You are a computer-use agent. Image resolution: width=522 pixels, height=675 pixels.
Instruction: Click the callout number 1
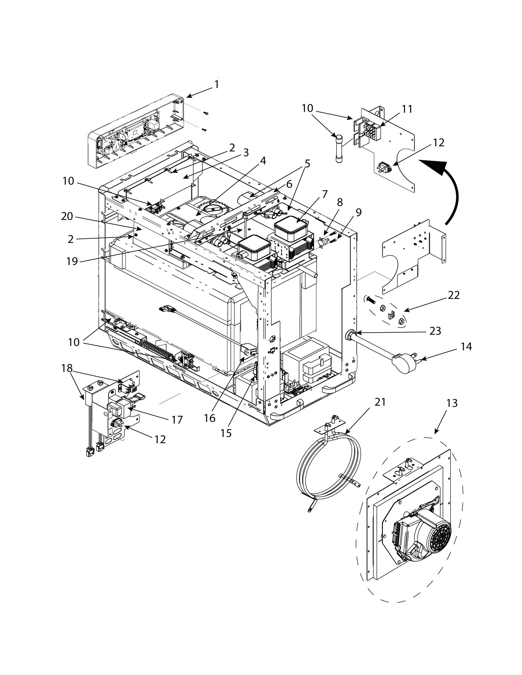click(217, 84)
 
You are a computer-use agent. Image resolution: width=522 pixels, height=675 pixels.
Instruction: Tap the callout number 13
click(452, 403)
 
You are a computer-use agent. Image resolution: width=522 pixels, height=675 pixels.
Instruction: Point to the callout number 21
click(380, 402)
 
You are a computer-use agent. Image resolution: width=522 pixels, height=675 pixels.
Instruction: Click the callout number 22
click(453, 295)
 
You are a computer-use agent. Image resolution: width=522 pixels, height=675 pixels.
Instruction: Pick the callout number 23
click(434, 331)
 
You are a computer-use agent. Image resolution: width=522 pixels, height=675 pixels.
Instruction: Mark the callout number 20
click(67, 217)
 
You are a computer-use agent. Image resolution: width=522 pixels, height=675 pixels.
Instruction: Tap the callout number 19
click(72, 261)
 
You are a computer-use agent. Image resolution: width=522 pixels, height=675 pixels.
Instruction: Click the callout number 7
click(324, 195)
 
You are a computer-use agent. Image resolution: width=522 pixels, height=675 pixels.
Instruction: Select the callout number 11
click(407, 109)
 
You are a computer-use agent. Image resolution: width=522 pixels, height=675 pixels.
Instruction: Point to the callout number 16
click(209, 418)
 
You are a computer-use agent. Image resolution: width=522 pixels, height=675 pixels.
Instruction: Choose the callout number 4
click(263, 161)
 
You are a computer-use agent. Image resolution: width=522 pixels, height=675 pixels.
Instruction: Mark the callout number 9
click(358, 212)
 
